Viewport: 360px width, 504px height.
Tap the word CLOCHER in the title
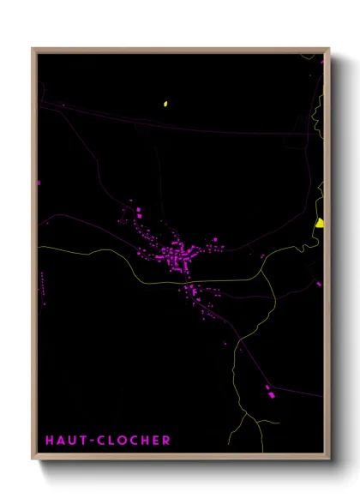tap(135, 441)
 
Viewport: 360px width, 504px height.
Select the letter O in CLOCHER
tap(123, 441)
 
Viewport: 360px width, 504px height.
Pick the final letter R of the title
tap(166, 441)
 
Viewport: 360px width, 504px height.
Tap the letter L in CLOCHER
tap(111, 441)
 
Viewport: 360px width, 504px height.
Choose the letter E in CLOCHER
tap(156, 441)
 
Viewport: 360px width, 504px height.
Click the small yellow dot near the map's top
tap(165, 105)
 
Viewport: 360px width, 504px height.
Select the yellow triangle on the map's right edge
tap(319, 223)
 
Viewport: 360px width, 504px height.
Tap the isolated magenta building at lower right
tap(271, 395)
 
